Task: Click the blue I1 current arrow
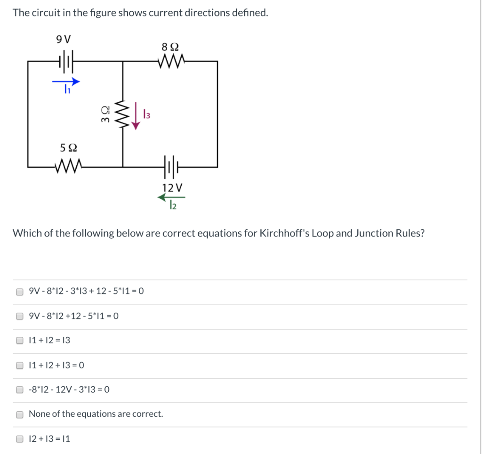point(66,81)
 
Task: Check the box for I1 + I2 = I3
point(20,340)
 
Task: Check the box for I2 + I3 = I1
point(20,439)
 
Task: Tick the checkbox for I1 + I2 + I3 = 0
point(20,365)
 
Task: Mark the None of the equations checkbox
point(20,414)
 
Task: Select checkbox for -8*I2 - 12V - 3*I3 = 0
point(20,389)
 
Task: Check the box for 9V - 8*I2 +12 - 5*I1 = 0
point(20,316)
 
